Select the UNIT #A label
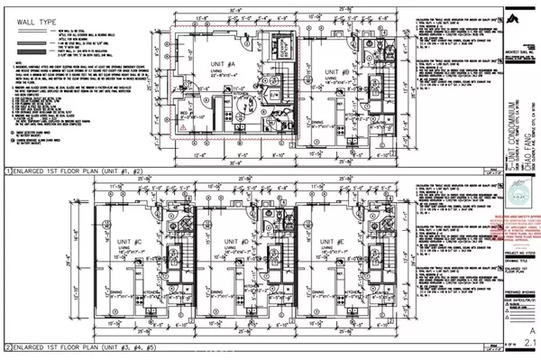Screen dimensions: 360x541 [217, 64]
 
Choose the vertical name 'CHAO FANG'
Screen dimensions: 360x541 [519, 144]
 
